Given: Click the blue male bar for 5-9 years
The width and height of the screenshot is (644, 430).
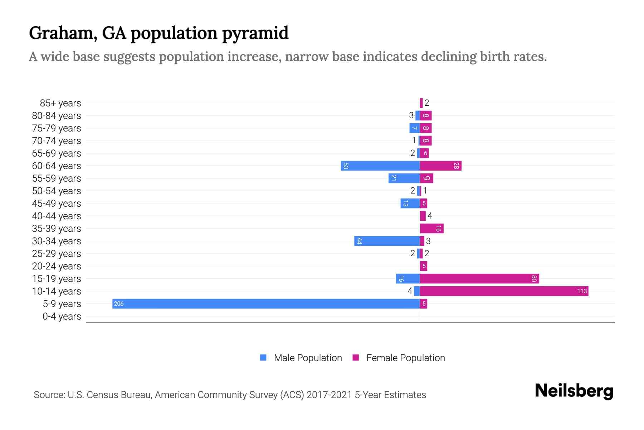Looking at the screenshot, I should pos(266,304).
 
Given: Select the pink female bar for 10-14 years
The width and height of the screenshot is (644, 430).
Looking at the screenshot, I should pos(504,291).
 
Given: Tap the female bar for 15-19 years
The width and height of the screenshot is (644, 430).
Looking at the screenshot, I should pos(479,279).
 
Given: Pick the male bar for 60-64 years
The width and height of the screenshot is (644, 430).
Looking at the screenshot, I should pos(380,166).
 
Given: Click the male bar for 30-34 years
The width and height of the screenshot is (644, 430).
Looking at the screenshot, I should pos(387,241).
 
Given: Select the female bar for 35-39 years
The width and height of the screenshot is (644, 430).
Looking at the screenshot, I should pos(431,229).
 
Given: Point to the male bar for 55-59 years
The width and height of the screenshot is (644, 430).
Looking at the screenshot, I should pos(404,178).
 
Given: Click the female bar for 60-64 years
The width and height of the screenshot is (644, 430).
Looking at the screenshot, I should pos(440,166).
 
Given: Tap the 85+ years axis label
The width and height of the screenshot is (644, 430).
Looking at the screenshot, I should pos(60,103).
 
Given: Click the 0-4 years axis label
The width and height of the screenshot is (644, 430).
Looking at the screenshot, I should pos(62,316).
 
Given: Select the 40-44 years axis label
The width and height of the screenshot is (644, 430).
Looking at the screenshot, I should pos(57,216).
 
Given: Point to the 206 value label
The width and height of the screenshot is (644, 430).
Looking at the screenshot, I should pos(118,304).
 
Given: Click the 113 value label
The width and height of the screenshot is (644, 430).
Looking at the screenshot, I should pos(582,291).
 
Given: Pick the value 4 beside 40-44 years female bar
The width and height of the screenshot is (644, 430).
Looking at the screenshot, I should pos(430,216).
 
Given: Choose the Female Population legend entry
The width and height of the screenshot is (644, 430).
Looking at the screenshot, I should pos(399,358).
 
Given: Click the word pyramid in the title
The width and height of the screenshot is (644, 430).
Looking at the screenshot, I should pos(255,33).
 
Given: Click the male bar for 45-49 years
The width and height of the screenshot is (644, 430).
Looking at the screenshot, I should pos(410,204).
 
